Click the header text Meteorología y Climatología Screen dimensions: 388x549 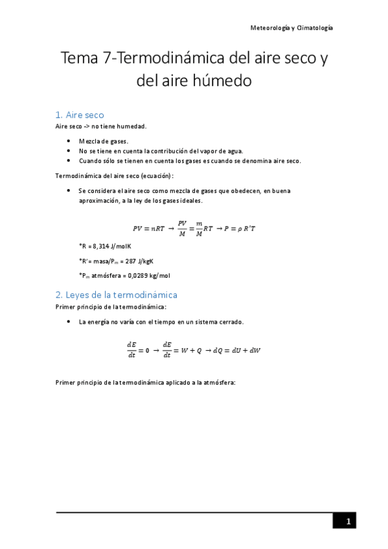click(291, 28)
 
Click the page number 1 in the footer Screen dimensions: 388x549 click(348, 522)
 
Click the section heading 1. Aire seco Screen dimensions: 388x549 click(80, 115)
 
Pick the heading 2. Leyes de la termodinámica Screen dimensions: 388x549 click(117, 295)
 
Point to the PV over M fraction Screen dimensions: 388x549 click(182, 228)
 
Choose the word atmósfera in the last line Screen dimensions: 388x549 click(220, 382)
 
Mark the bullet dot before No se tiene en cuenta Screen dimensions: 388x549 click(70, 151)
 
